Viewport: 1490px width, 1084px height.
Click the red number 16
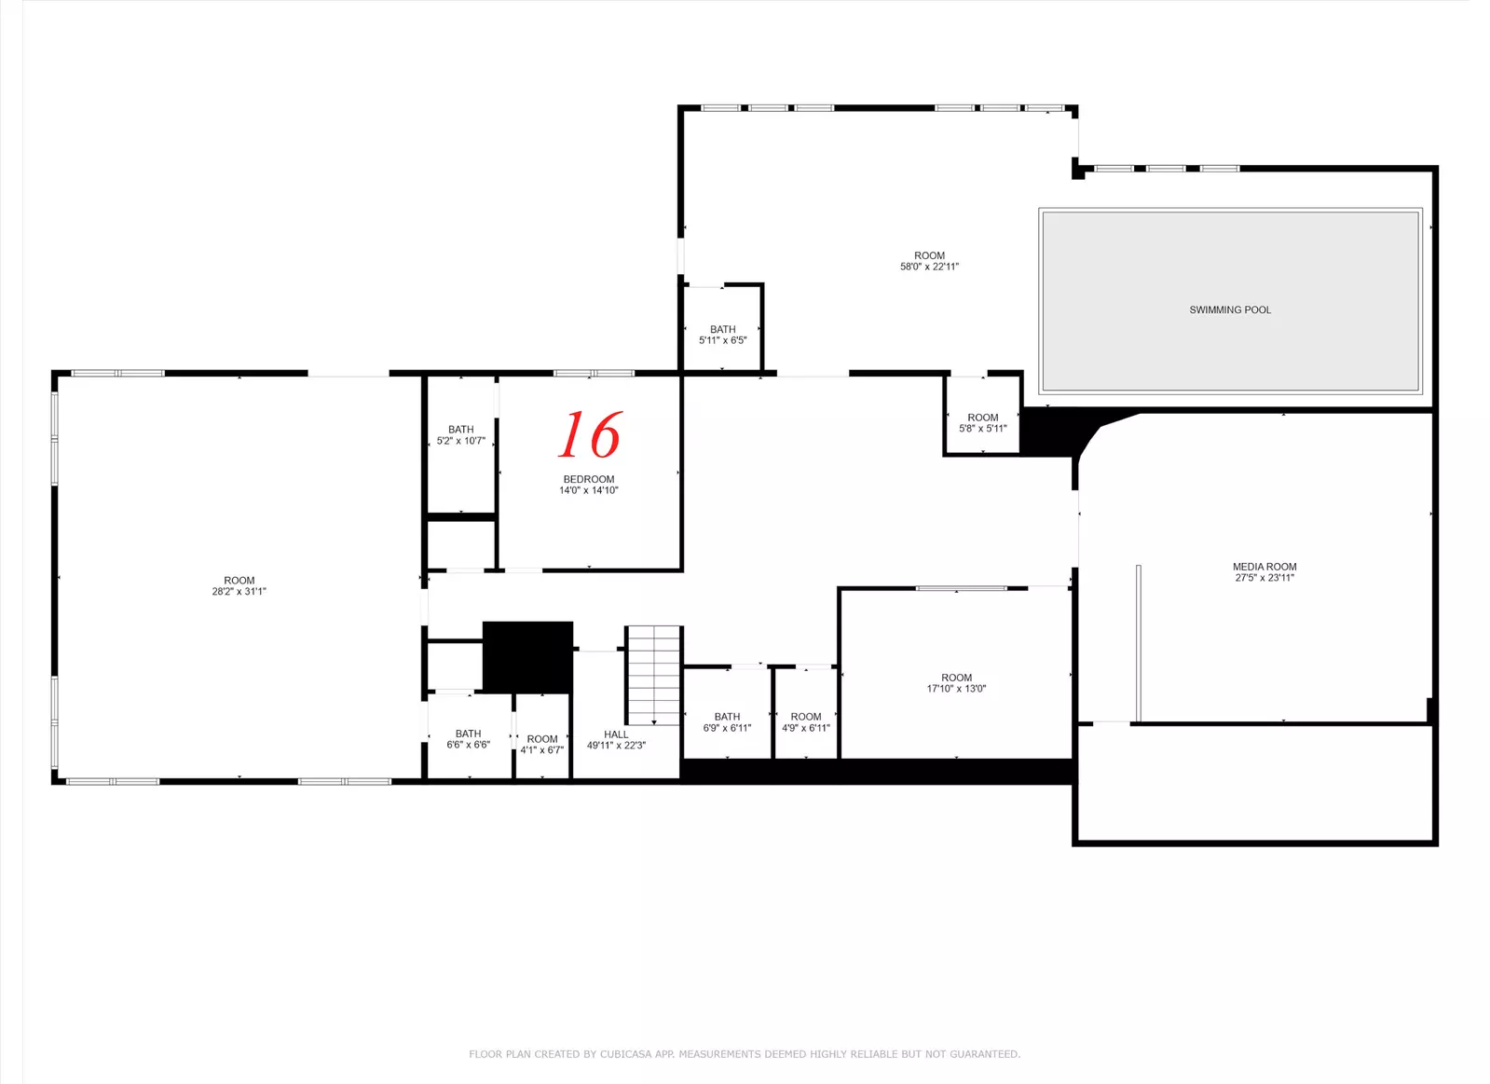pos(590,434)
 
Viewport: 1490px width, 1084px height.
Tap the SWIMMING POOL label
pos(1230,309)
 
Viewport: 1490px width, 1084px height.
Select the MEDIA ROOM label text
pos(1264,567)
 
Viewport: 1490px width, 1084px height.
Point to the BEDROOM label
pos(589,479)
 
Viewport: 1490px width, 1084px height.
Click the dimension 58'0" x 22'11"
pos(929,267)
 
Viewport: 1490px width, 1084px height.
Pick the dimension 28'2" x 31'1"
pos(239,591)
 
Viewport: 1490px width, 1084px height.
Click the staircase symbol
pos(654,676)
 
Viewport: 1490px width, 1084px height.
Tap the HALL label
pos(616,734)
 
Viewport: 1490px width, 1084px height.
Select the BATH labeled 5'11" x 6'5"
pos(723,329)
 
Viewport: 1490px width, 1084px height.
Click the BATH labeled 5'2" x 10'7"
pos(461,430)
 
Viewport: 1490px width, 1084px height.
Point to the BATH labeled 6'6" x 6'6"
pos(469,734)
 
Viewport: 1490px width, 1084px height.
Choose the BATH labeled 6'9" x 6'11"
pos(727,717)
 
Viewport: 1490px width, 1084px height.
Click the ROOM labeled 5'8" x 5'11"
pos(982,418)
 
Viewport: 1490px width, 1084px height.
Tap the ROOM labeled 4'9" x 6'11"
pos(805,717)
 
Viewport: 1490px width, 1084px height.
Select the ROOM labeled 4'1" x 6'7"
pos(542,739)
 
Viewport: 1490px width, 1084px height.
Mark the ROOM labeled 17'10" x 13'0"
pos(957,678)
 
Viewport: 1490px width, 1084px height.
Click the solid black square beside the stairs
pos(527,657)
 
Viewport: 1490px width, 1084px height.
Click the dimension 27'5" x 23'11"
pos(1264,578)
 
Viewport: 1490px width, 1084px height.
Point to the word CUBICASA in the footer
pos(626,1054)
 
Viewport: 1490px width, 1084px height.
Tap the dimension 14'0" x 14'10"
pos(589,490)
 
